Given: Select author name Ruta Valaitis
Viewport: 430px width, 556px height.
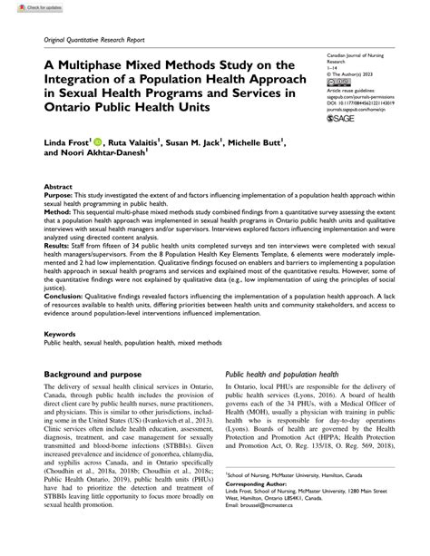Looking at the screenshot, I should (x=149, y=144).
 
